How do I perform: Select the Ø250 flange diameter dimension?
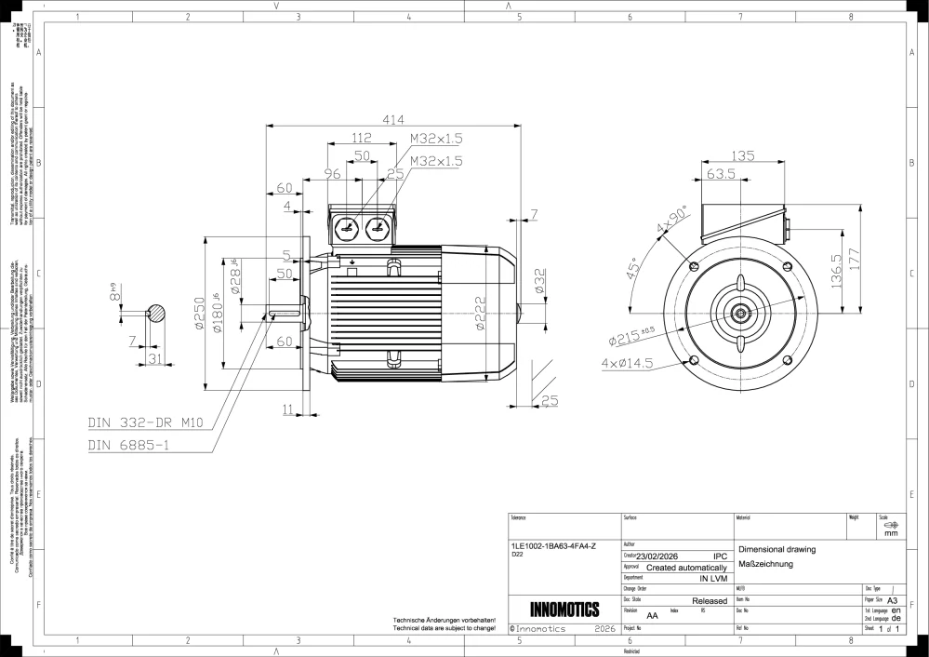(x=199, y=317)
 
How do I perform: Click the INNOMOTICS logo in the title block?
(x=564, y=610)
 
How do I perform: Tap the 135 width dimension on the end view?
(x=743, y=155)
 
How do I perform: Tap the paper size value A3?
(x=894, y=601)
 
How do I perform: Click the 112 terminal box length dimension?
(x=362, y=138)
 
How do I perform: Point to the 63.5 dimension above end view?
(x=721, y=174)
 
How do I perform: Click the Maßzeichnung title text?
(x=765, y=564)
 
